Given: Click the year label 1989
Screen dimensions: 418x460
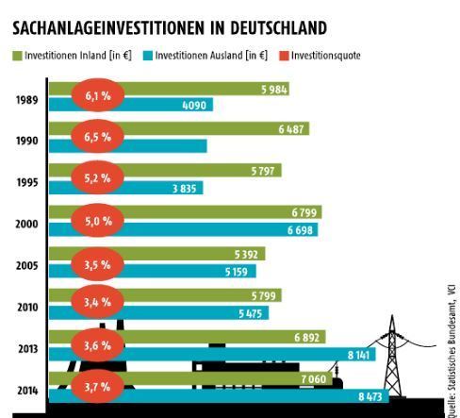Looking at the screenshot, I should click(x=27, y=97).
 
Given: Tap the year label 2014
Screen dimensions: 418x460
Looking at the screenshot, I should click(x=27, y=389).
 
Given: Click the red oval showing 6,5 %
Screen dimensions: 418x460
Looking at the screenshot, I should click(x=98, y=138).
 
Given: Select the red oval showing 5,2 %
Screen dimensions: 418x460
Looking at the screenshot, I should click(x=98, y=178).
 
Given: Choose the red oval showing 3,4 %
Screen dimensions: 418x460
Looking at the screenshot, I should click(x=98, y=303).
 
